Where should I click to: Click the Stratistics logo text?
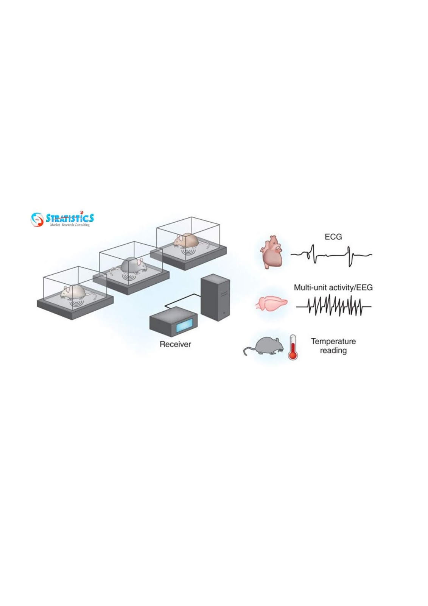(70, 218)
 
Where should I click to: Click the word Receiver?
(175, 344)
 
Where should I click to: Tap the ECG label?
(333, 237)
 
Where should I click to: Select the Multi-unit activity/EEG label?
(333, 287)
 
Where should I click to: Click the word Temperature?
(333, 341)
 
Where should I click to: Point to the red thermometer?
(292, 348)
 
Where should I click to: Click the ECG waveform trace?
(331, 256)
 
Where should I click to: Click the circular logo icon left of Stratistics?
(37, 219)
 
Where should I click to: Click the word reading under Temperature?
(333, 351)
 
